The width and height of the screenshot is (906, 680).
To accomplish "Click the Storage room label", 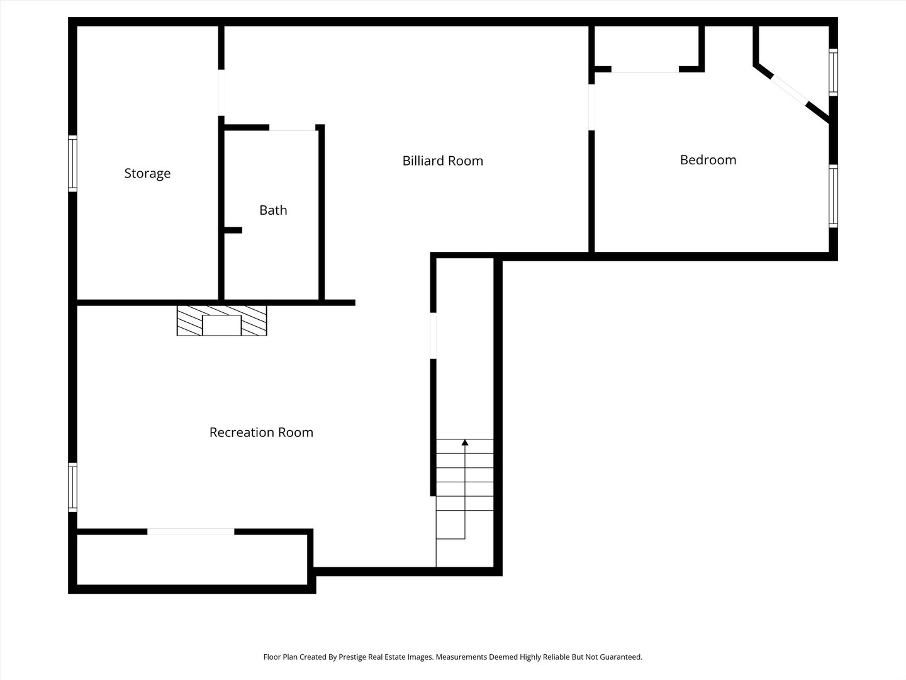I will (x=147, y=173).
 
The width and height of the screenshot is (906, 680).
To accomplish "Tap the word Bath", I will (x=273, y=210).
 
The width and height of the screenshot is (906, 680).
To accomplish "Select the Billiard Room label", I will (x=442, y=161).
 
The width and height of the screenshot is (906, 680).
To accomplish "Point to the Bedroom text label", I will (x=708, y=160).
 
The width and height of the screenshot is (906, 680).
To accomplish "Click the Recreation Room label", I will (x=261, y=432).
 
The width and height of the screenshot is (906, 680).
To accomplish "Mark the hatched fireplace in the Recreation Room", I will (x=221, y=320).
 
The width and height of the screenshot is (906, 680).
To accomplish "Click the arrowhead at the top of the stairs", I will (x=465, y=443).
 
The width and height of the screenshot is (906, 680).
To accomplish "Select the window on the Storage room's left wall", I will (x=72, y=164).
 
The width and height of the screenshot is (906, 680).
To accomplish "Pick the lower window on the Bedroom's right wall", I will (x=833, y=196).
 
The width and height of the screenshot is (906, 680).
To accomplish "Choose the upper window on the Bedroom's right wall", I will (x=833, y=72).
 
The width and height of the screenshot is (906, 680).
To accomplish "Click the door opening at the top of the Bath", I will (x=292, y=128).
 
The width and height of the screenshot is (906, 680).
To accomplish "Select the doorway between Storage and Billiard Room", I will (x=221, y=93).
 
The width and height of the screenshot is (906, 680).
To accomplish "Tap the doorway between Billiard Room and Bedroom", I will (x=591, y=107).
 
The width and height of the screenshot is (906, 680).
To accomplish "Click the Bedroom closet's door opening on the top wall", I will (x=645, y=69).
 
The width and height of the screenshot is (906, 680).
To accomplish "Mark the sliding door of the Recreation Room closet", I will (x=191, y=531).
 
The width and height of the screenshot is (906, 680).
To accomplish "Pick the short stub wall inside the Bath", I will (x=232, y=230).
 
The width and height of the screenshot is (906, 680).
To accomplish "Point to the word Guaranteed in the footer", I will (x=620, y=657).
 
